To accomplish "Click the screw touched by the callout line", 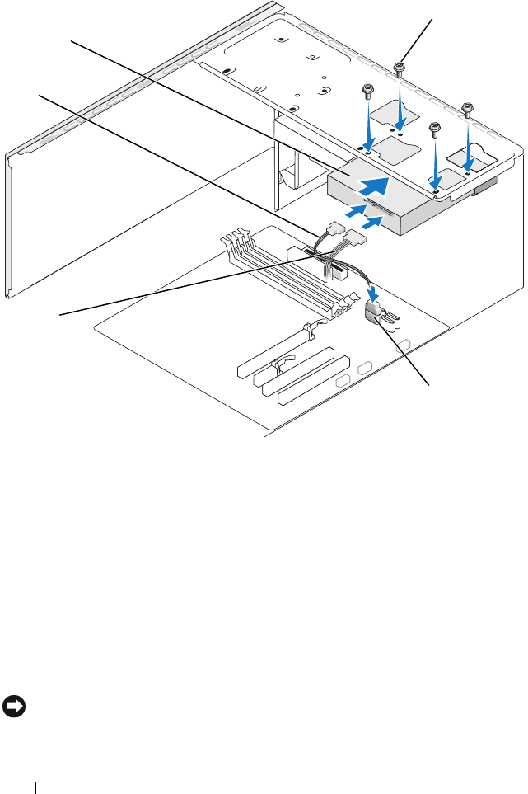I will click(399, 68).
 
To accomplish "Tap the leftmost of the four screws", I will click(367, 90).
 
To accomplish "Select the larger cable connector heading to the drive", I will click(357, 241).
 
